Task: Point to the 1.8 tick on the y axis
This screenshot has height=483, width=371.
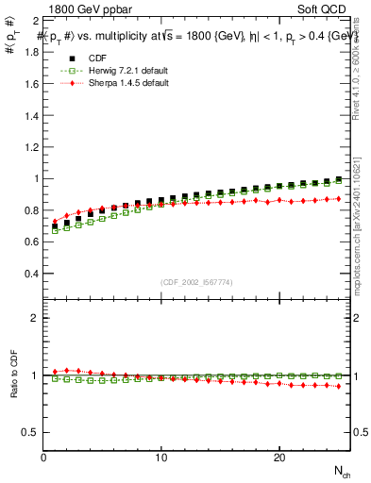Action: tap(32, 52)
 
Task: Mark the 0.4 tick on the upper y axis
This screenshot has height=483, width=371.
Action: tap(32, 273)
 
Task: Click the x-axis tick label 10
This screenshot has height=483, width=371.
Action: tap(161, 458)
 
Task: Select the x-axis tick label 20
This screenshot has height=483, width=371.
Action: tap(279, 458)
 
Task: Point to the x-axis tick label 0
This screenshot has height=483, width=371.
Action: tap(43, 458)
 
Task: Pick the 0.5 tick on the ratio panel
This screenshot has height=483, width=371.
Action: tap(32, 432)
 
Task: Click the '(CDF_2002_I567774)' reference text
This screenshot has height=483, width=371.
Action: tap(196, 282)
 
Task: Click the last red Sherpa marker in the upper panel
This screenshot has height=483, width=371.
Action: tap(338, 199)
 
